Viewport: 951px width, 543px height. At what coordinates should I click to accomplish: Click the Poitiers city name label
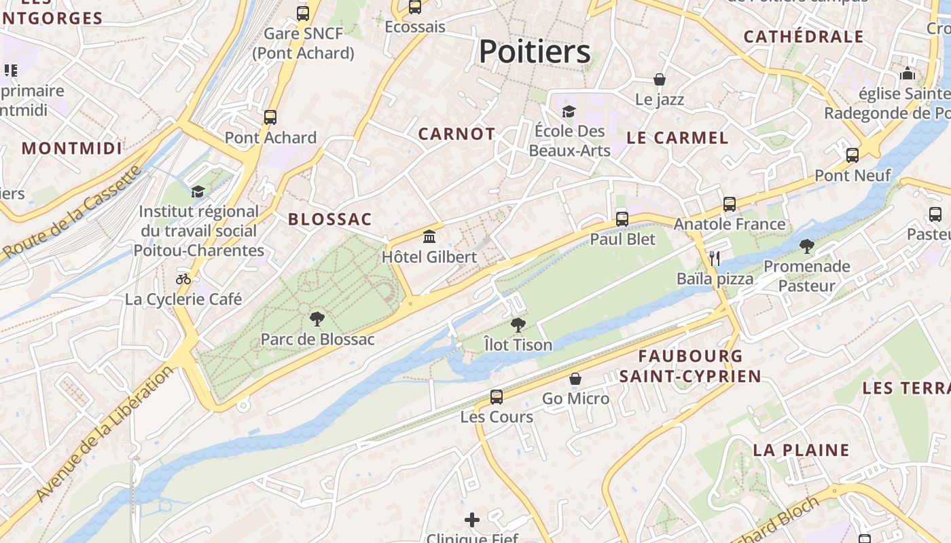(x=535, y=52)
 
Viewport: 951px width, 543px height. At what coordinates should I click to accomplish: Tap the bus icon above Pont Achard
(x=270, y=117)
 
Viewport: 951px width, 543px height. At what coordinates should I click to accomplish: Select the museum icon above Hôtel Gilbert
(x=429, y=237)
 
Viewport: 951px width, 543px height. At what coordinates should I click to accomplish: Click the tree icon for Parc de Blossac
(x=317, y=318)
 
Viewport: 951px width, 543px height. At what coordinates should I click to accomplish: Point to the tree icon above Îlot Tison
(x=518, y=324)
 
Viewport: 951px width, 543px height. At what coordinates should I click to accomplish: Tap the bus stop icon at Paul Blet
(x=622, y=219)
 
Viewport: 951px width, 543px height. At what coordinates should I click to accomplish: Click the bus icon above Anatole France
(x=730, y=204)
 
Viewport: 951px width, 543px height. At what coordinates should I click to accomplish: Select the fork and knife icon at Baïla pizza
(x=714, y=258)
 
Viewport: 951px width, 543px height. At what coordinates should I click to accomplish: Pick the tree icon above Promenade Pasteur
(x=806, y=246)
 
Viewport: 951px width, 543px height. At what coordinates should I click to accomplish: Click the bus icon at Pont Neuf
(x=853, y=155)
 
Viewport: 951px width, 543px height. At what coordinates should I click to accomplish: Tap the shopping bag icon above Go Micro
(x=575, y=378)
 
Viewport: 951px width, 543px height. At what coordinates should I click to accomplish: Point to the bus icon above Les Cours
(x=497, y=396)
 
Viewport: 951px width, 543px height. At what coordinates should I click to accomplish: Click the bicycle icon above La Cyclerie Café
(x=183, y=278)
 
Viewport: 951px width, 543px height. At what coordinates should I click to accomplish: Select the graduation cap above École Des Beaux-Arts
(x=569, y=111)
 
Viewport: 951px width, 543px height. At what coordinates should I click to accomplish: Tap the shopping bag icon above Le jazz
(x=659, y=79)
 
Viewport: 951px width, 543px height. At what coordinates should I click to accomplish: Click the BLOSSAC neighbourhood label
(x=330, y=219)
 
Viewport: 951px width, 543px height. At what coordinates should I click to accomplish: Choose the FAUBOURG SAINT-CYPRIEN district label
(x=690, y=366)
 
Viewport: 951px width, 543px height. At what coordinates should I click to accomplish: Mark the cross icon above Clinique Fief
(x=472, y=520)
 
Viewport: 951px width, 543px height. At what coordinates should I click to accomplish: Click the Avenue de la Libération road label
(x=106, y=434)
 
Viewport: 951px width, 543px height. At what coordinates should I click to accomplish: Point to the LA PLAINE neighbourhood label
(x=801, y=450)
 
